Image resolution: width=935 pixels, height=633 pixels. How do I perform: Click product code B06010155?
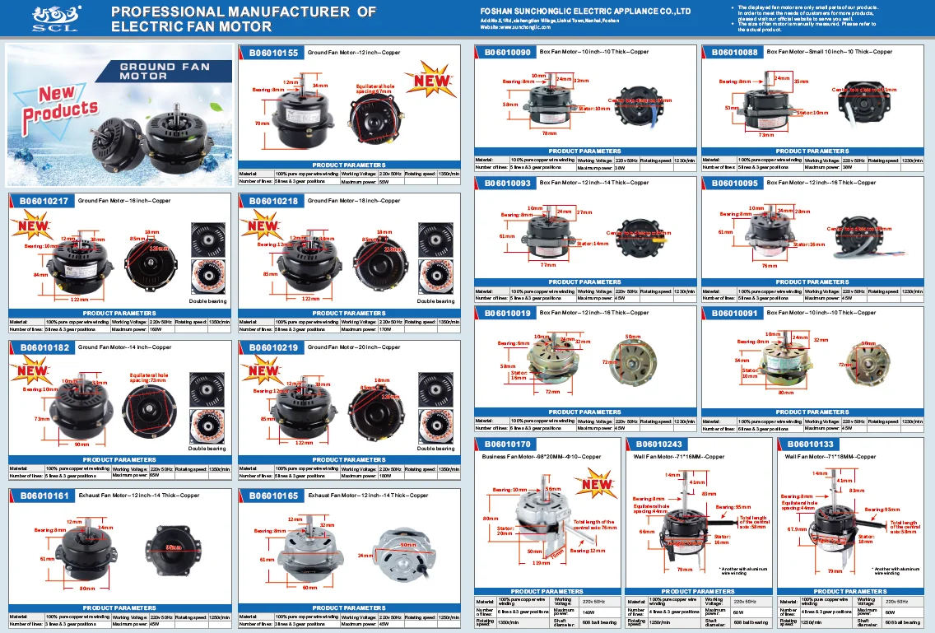274,52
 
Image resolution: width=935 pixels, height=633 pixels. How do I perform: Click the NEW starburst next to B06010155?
430,79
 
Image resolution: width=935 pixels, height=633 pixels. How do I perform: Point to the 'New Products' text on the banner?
67,103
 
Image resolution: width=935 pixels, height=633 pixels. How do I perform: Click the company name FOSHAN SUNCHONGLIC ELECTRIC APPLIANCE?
584,12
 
